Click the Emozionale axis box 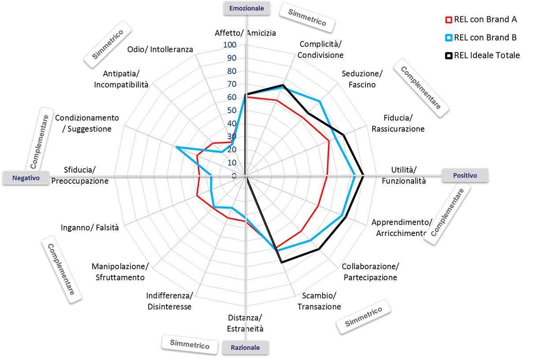point(246,8)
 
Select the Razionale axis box point(245,348)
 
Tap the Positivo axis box point(465,175)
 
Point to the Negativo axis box point(26,178)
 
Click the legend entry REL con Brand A point(481,20)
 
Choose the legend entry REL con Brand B point(481,38)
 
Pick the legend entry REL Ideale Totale point(482,56)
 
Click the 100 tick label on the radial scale point(230,45)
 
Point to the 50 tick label point(231,110)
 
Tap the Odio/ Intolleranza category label point(160,49)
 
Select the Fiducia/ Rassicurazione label point(398,123)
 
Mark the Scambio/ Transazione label point(319,301)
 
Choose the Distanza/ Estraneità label point(245,323)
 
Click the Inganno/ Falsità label point(93,228)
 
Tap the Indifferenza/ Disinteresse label point(169,301)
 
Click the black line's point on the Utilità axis point(362,176)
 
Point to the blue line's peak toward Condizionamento point(176,147)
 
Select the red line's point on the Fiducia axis point(329,141)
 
